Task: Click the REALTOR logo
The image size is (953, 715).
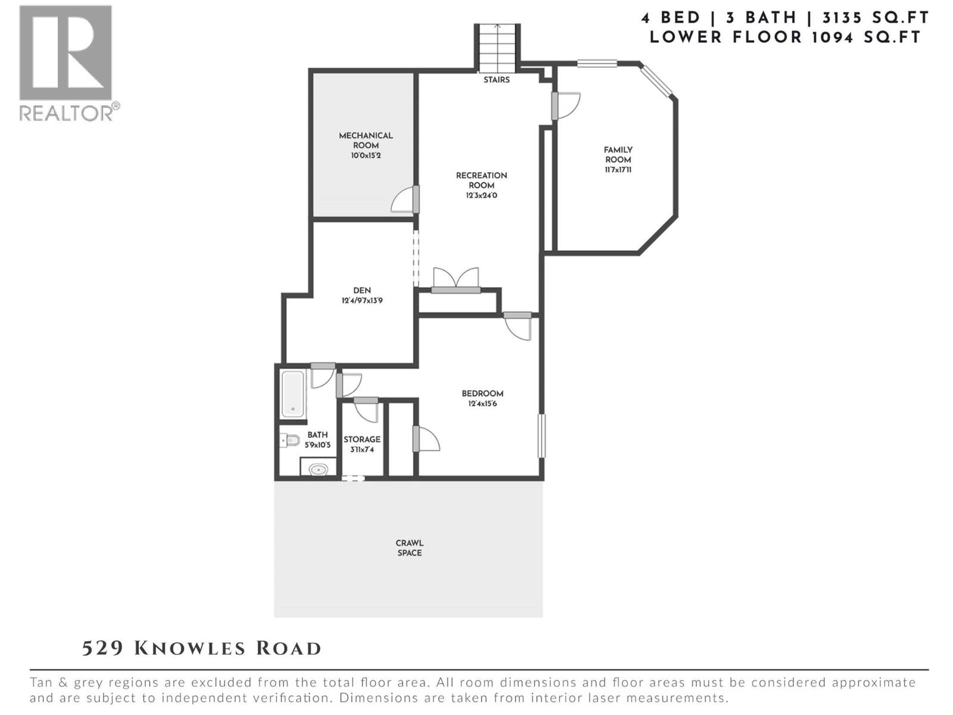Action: [x=66, y=63]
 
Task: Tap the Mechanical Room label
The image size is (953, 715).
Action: [x=366, y=141]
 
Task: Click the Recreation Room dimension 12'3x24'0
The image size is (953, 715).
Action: [x=481, y=195]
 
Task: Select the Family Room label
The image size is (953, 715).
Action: [x=618, y=155]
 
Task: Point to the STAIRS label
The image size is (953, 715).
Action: [x=496, y=80]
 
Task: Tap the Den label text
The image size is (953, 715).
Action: [x=362, y=291]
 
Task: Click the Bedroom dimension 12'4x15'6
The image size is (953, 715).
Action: [x=482, y=404]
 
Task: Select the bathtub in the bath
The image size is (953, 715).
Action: [x=292, y=394]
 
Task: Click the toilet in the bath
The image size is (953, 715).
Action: [x=290, y=440]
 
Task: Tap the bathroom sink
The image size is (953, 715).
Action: [x=318, y=470]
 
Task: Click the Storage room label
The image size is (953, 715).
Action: [x=362, y=440]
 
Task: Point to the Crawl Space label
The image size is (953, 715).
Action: [x=409, y=548]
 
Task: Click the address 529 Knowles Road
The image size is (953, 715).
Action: [x=201, y=648]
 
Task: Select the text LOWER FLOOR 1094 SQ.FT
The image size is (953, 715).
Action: [x=785, y=37]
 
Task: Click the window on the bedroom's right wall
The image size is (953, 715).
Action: [x=541, y=436]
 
